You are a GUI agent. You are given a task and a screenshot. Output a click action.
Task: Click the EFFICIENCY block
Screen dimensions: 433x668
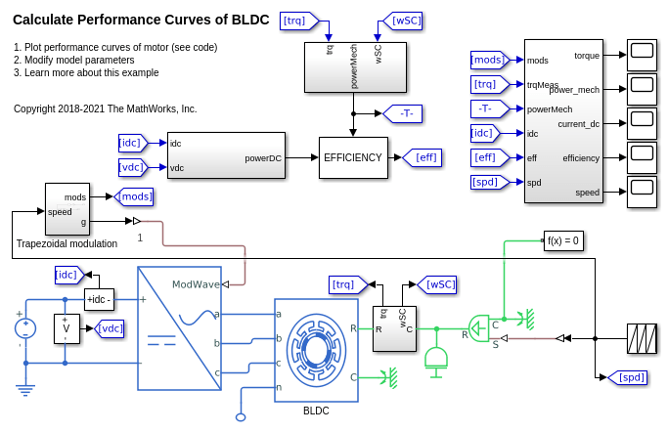[x=353, y=157]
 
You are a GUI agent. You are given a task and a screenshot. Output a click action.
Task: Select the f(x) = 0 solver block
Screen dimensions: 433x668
[x=563, y=240]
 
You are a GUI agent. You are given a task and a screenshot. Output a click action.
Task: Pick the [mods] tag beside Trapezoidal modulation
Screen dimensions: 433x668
[x=134, y=196]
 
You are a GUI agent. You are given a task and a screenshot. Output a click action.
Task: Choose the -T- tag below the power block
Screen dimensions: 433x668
[x=404, y=113]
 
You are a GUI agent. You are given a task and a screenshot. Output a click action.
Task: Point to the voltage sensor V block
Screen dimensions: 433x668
[x=67, y=328]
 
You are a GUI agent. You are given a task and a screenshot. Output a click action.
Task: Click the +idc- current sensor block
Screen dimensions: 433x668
[x=98, y=299]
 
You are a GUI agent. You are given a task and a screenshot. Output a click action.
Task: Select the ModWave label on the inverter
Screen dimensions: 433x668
[x=195, y=284]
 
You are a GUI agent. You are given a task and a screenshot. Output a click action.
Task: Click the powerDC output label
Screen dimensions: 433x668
[x=263, y=157]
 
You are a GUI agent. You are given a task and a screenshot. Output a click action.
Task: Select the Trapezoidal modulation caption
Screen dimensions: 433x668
[x=67, y=243]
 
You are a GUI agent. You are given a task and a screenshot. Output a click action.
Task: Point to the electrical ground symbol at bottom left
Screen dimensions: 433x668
[x=24, y=390]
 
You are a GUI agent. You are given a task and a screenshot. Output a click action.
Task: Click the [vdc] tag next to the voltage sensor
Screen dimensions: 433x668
[x=111, y=328]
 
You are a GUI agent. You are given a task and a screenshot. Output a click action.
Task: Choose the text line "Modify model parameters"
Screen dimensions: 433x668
[x=78, y=60]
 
